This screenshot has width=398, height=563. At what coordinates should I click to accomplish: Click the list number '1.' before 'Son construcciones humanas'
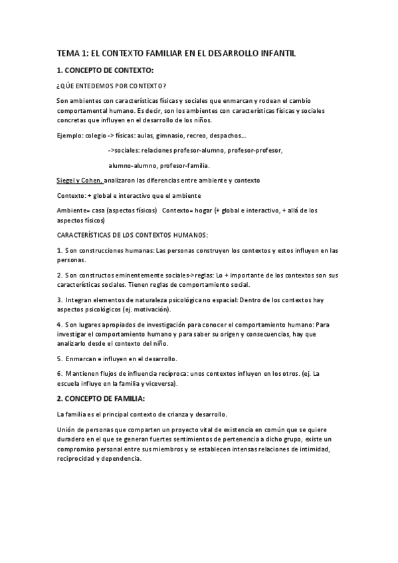pyautogui.click(x=60, y=250)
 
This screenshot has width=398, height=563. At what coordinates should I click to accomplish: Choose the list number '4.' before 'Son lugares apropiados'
pyautogui.click(x=60, y=325)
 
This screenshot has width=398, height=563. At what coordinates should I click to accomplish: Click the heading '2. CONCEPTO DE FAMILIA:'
pyautogui.click(x=101, y=398)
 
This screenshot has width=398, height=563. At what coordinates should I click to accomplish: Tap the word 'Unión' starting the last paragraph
pyautogui.click(x=67, y=430)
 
